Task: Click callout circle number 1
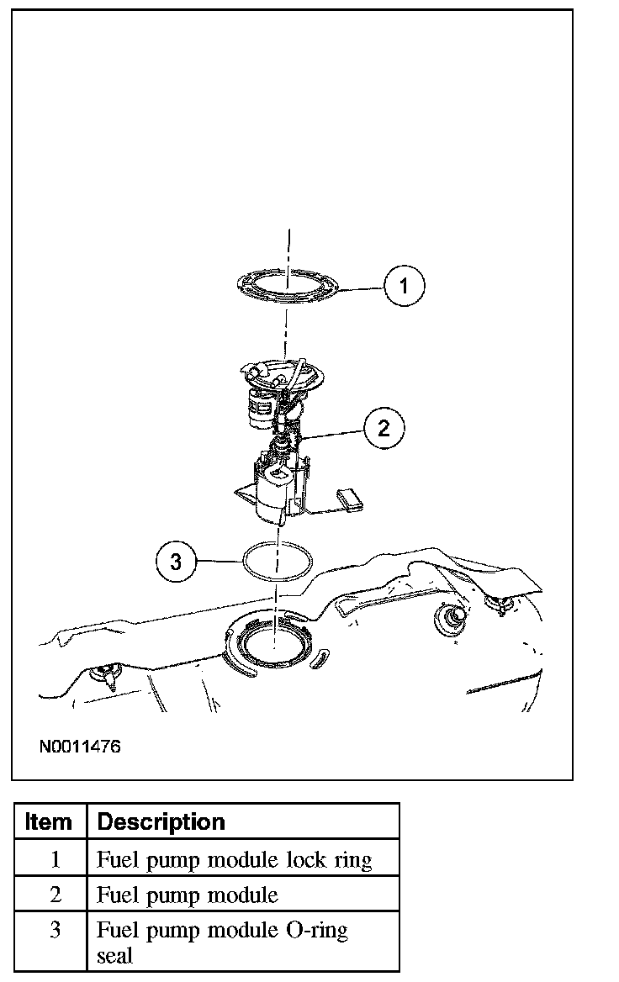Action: point(405,287)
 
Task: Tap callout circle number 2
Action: point(384,429)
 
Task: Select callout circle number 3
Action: point(176,561)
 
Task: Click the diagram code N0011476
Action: point(78,746)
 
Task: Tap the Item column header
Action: point(49,821)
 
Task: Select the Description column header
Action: point(161,821)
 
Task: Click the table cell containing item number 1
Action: point(56,859)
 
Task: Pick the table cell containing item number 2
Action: point(56,895)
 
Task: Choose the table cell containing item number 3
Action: point(56,931)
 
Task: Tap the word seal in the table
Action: point(114,956)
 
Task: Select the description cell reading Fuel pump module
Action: point(188,895)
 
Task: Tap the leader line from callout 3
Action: point(219,560)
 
